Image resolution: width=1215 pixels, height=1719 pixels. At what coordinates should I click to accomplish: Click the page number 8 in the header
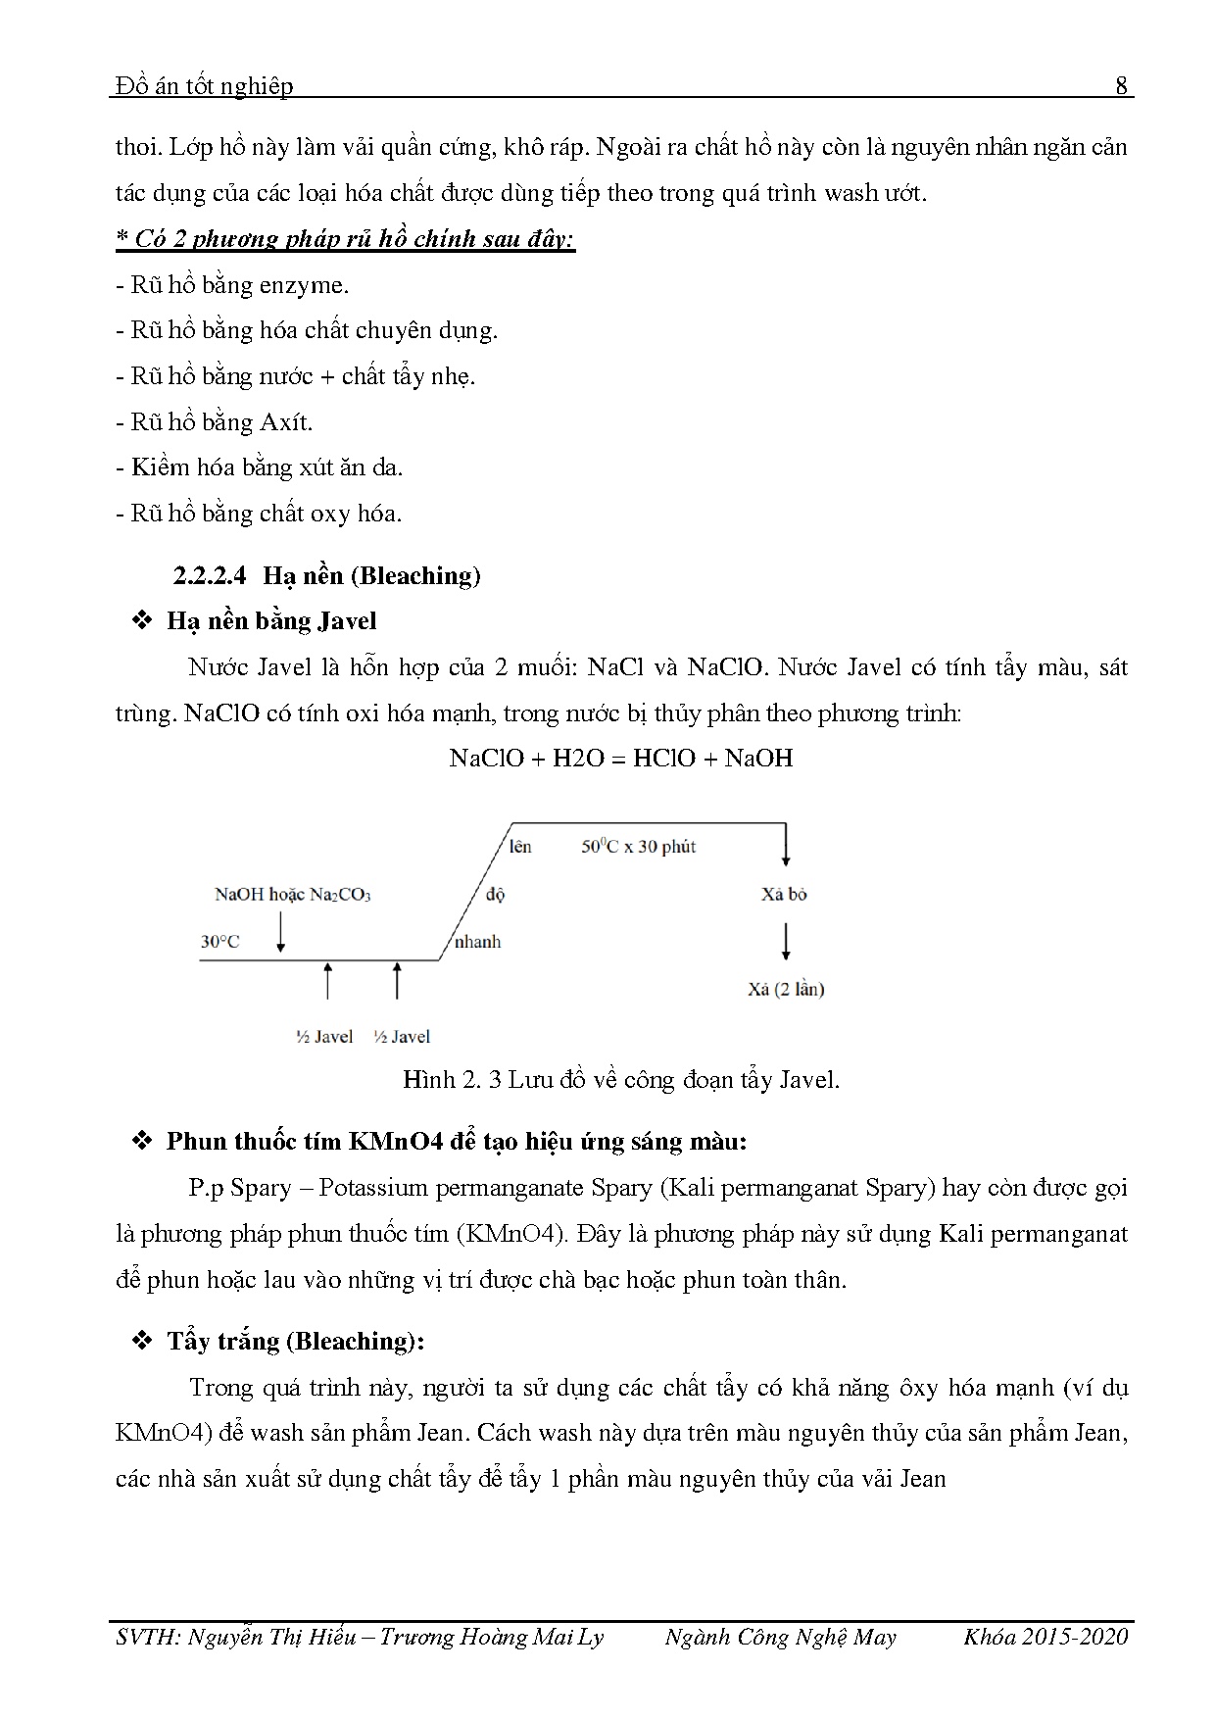point(1122,86)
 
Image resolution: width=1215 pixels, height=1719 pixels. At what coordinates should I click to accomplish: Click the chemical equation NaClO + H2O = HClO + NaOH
point(620,758)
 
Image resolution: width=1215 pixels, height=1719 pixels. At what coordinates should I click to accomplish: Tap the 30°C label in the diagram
point(219,942)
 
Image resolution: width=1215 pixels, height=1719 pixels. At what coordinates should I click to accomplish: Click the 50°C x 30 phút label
point(638,847)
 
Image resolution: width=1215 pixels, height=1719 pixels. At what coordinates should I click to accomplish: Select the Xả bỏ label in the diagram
point(784,894)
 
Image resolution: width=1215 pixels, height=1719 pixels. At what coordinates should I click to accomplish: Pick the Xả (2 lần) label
point(786,989)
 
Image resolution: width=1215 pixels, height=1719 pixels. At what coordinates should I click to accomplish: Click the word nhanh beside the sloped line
point(477,942)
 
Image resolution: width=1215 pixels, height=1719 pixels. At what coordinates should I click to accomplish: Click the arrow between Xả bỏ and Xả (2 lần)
point(786,942)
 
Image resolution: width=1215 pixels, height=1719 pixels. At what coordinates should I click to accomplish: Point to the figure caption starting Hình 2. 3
point(621,1080)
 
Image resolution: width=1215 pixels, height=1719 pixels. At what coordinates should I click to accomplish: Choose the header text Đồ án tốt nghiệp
point(204,86)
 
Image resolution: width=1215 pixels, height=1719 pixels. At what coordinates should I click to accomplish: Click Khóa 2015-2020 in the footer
point(1045,1637)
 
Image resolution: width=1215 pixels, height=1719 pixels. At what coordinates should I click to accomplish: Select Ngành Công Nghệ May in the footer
point(780,1637)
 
